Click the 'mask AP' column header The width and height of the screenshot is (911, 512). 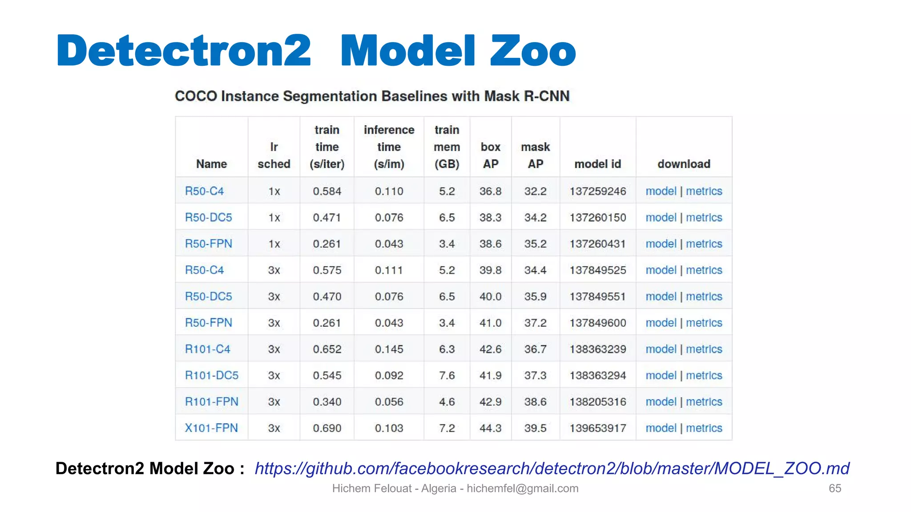[535, 155]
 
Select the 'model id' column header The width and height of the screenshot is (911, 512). [597, 164]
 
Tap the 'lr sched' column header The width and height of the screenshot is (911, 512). [274, 155]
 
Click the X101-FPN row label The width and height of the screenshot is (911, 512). [211, 428]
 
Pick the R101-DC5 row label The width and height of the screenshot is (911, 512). [212, 376]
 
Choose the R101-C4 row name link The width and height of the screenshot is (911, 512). [208, 349]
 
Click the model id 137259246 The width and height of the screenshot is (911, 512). [597, 192]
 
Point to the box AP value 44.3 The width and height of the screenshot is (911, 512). [490, 428]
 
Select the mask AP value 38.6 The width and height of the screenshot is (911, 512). [535, 402]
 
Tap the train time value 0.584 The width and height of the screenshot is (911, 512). [327, 192]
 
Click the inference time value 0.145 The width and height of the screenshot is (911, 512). [389, 349]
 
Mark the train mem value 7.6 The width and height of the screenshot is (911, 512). [447, 376]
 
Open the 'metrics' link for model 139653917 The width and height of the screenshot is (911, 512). [704, 428]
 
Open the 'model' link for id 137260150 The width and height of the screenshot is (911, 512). [661, 218]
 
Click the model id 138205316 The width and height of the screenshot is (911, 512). [597, 402]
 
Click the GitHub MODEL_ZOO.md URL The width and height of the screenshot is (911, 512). [552, 468]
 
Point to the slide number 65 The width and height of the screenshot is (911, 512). [834, 488]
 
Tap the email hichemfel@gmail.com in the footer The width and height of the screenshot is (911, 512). [522, 488]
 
